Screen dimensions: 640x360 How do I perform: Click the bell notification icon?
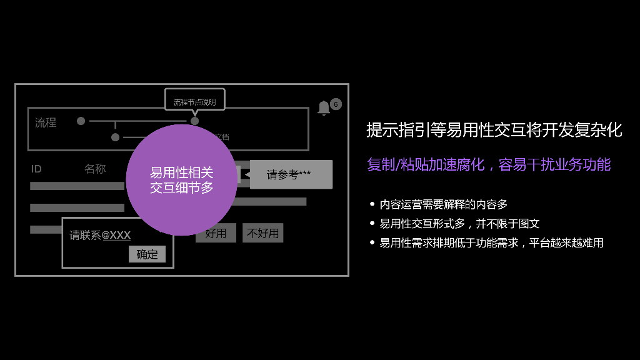(324, 107)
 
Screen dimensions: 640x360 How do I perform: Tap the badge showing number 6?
(336, 104)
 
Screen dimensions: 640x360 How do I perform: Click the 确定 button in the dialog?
(147, 254)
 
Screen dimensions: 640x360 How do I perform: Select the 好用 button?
(216, 233)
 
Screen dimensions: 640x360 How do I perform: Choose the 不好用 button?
(263, 233)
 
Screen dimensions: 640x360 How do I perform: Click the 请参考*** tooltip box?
(291, 175)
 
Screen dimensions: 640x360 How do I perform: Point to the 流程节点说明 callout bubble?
(194, 101)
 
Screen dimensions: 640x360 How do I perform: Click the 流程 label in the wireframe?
(46, 122)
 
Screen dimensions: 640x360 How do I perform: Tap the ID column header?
(36, 169)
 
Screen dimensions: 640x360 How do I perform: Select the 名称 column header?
(95, 169)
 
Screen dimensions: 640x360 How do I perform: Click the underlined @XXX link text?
(116, 236)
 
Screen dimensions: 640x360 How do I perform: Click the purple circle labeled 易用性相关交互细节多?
(181, 180)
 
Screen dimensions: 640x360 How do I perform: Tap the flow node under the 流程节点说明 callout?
(194, 121)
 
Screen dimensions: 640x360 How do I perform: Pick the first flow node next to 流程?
(81, 121)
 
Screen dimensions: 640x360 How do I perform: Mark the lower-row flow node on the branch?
(115, 137)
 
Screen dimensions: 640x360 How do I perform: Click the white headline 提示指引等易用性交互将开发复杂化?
(494, 130)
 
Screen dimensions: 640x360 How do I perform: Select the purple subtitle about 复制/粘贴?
(489, 165)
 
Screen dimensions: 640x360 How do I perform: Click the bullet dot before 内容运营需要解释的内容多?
(372, 204)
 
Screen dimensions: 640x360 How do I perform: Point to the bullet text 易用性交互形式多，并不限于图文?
(459, 224)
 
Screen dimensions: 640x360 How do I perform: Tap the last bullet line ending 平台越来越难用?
(491, 243)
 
